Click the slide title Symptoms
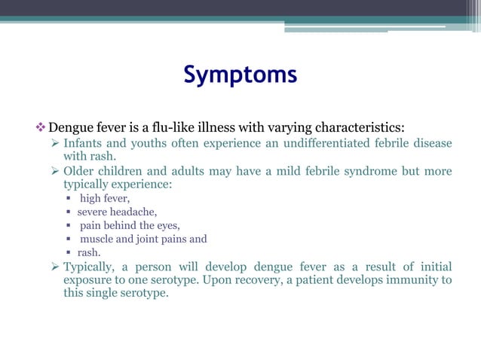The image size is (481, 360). tap(240, 75)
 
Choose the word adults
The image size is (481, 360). tap(196, 171)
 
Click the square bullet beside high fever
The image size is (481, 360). tap(68, 199)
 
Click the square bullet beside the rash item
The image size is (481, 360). tap(68, 253)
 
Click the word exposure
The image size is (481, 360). tap(87, 280)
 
